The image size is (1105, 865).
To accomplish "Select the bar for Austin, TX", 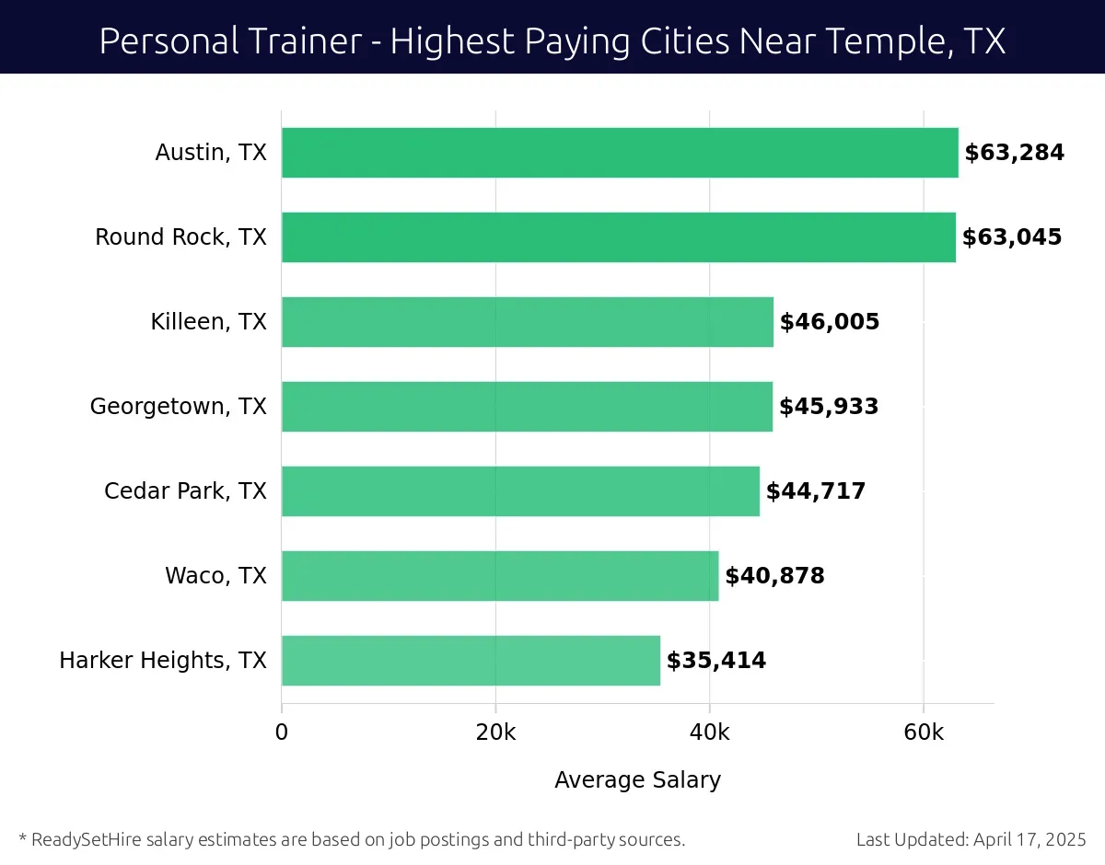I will coord(620,153).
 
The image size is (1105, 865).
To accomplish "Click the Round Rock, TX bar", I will coord(618,237).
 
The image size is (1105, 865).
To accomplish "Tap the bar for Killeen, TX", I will coord(527,322).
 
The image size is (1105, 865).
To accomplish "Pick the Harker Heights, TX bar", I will coord(471,661).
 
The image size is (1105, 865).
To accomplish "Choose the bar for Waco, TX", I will coord(499,576).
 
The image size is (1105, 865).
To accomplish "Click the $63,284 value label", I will coord(1014,153).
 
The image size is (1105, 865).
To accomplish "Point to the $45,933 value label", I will coord(829,407).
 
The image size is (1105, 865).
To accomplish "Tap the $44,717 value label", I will coord(816,491).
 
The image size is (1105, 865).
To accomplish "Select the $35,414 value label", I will coord(716,661).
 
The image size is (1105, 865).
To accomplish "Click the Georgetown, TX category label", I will coord(178,407).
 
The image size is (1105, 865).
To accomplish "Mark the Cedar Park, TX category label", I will coord(185,491).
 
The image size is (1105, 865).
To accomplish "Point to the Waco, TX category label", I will coord(215,576).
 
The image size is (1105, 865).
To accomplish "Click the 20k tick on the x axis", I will coord(495,732).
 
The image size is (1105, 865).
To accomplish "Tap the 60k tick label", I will coord(924,732).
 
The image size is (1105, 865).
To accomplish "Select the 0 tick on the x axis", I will coord(282,732).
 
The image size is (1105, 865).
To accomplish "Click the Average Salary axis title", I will coord(637,780).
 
